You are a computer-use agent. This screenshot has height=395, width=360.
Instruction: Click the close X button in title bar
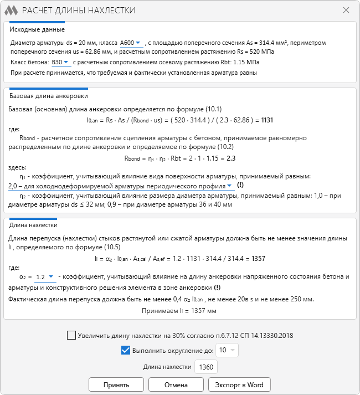point(346,11)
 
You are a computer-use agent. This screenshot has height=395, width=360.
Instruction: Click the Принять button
point(116,384)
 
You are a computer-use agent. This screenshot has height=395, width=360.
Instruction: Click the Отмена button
point(176,384)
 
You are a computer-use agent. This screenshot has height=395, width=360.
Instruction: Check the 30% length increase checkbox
point(71,335)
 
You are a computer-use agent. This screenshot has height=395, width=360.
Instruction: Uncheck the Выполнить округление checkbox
point(125,350)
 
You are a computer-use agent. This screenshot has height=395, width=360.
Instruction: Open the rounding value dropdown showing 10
point(227,350)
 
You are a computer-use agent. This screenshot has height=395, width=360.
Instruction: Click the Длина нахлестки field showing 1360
point(206,367)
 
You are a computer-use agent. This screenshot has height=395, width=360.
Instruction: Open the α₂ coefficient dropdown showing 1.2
point(44,276)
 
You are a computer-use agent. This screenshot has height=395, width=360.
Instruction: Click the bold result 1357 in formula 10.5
point(258,258)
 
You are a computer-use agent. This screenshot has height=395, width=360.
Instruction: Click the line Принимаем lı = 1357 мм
point(181,311)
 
